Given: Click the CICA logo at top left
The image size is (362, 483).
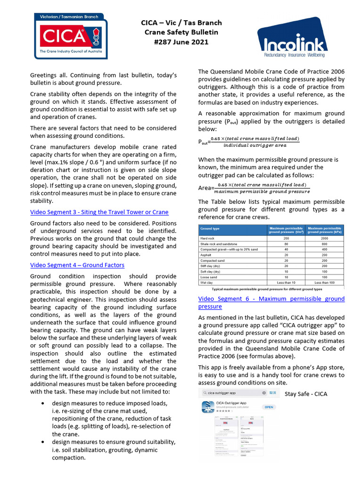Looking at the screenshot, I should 70,36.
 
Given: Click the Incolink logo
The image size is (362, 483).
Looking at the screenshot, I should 292,42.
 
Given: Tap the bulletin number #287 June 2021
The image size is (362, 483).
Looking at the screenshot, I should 181,42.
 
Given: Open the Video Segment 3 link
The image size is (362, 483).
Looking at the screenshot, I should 99,212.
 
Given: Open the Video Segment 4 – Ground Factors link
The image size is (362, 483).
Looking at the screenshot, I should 77,265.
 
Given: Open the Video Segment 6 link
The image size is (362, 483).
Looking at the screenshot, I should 271,302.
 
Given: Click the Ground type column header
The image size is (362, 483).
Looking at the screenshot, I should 210,229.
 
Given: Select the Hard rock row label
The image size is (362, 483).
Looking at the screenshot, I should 208,239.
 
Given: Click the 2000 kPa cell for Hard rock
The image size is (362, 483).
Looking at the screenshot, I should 325,239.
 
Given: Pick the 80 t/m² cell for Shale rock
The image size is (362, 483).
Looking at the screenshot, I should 286,244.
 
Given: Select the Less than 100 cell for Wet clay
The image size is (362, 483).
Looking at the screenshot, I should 325,283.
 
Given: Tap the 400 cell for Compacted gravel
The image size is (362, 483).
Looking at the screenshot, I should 325,249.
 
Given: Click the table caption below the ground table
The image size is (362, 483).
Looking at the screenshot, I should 267,289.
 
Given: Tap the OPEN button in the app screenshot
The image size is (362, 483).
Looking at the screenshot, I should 269,407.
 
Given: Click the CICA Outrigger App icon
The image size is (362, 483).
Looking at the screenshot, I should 208,407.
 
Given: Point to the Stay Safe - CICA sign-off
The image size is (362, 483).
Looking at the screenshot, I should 306,394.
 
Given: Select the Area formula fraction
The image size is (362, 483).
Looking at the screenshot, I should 262,188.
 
